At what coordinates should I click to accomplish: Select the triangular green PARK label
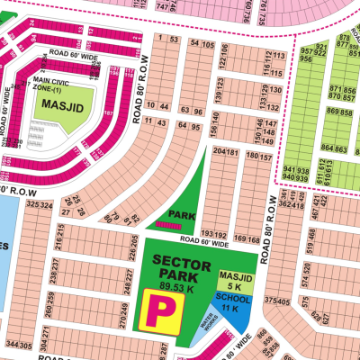[x=187, y=216]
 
